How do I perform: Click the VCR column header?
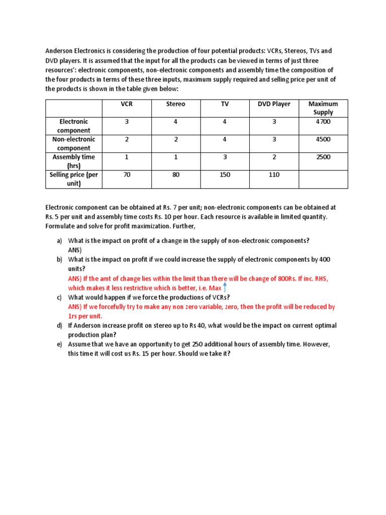tap(127, 104)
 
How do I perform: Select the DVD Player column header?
tap(274, 104)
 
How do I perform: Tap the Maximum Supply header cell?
tap(323, 108)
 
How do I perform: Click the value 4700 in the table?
tap(323, 122)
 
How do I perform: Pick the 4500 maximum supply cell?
tap(323, 139)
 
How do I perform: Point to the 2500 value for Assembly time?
tap(323, 157)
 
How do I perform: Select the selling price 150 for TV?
tap(225, 175)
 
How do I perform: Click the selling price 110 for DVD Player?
tap(274, 175)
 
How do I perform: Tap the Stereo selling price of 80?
tap(176, 175)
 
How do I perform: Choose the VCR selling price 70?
tap(127, 175)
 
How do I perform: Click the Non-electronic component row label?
tap(74, 143)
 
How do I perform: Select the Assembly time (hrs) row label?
tap(74, 161)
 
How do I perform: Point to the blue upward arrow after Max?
tap(225, 287)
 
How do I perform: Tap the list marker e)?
tap(60, 344)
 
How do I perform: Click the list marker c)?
tap(60, 297)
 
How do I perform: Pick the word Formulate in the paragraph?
tap(61, 226)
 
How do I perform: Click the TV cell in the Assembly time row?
tap(225, 157)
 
